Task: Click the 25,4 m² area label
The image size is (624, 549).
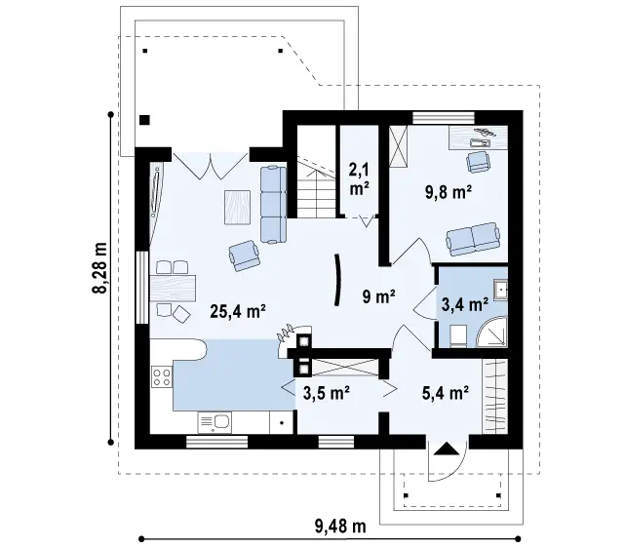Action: [x=238, y=312]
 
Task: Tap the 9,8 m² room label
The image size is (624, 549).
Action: [x=448, y=192]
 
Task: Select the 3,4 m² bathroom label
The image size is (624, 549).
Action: [x=465, y=304]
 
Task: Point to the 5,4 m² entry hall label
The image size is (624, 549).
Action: [x=445, y=393]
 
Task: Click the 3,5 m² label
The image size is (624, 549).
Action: [x=327, y=393]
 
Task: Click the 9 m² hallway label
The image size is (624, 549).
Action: [x=378, y=296]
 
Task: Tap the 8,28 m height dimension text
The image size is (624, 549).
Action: [x=99, y=267]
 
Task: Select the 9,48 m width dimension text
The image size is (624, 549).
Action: [x=340, y=527]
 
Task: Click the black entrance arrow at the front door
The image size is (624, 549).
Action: [x=447, y=449]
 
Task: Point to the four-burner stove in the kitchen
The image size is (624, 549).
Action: [x=162, y=377]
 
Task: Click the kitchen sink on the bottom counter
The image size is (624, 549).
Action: [x=214, y=423]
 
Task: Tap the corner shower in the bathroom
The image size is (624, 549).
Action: [x=494, y=333]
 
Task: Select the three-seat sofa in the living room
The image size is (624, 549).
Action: [x=273, y=204]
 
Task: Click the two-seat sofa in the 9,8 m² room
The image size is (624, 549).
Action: [x=473, y=239]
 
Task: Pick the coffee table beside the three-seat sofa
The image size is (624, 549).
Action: [x=238, y=207]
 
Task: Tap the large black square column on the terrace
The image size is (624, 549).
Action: [x=144, y=120]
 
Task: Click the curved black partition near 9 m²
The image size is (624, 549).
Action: [x=337, y=280]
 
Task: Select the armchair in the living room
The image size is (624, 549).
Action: [x=245, y=255]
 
